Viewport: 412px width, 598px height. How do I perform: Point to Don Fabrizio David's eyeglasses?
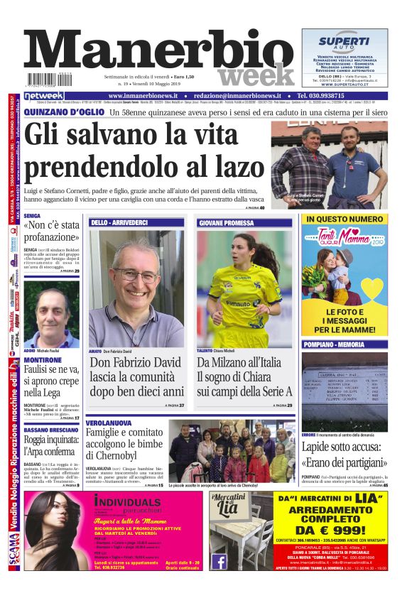coord(138,274)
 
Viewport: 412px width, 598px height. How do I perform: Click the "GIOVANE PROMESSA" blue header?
coord(226,222)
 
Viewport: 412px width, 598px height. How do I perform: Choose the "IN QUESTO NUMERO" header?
coord(345,219)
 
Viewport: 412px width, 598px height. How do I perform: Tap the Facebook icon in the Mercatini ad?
coord(219,561)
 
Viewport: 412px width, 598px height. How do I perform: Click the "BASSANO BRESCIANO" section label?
coord(50,430)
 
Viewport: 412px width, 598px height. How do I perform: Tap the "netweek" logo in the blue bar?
coord(44,95)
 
